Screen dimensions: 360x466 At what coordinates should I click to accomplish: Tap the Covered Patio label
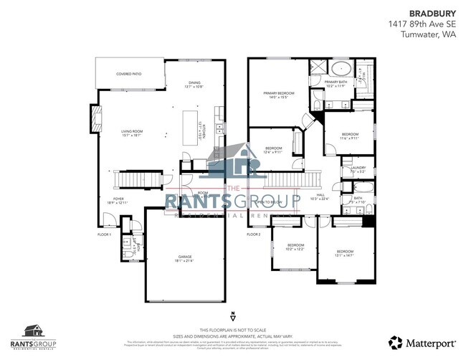(130, 74)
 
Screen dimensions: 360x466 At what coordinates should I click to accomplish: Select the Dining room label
(195, 85)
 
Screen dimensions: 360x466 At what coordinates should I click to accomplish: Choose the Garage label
(186, 258)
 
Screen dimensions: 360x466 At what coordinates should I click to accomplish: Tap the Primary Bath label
(336, 84)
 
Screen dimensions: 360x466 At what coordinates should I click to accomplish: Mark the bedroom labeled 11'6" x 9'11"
(350, 136)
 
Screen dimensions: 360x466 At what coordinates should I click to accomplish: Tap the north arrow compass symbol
(233, 316)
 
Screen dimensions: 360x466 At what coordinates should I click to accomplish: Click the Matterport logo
(415, 341)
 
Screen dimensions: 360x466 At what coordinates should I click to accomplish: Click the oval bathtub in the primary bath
(341, 70)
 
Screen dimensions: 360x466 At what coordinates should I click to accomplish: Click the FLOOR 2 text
(254, 235)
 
